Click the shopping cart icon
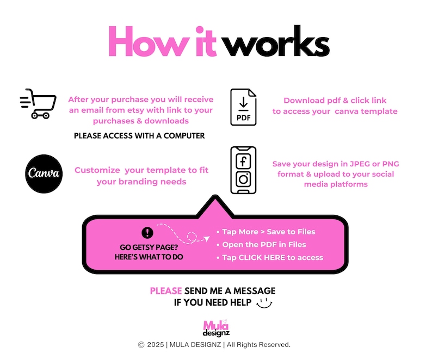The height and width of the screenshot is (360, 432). [38, 103]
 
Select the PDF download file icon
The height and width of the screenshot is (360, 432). [243, 107]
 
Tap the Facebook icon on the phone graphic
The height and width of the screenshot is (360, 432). [243, 162]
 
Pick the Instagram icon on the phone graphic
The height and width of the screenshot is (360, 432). [243, 179]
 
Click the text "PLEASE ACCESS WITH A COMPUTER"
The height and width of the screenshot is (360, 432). [139, 135]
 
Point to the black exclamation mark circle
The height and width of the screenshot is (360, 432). [147, 233]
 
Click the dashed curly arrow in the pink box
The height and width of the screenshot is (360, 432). [185, 234]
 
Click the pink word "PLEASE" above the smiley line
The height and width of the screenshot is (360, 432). [166, 291]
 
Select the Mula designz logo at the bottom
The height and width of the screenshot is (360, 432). [216, 328]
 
